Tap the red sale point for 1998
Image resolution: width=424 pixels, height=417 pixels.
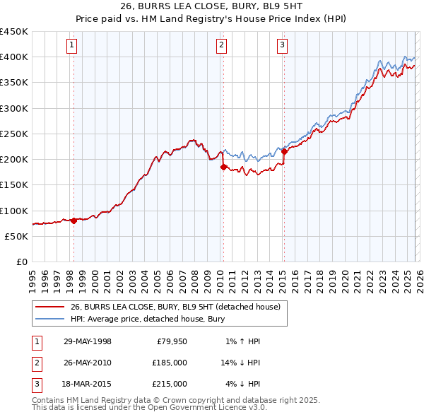73,221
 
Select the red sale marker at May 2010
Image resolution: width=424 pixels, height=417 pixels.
223,168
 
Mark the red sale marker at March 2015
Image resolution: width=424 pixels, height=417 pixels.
283,151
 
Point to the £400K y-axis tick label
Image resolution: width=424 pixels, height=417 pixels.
14,57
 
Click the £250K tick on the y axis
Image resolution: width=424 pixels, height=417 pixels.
14,134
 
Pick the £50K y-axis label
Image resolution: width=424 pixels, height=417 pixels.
17,236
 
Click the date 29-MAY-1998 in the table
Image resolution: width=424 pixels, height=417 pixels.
88,341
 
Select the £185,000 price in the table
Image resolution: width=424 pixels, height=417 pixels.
170,363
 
